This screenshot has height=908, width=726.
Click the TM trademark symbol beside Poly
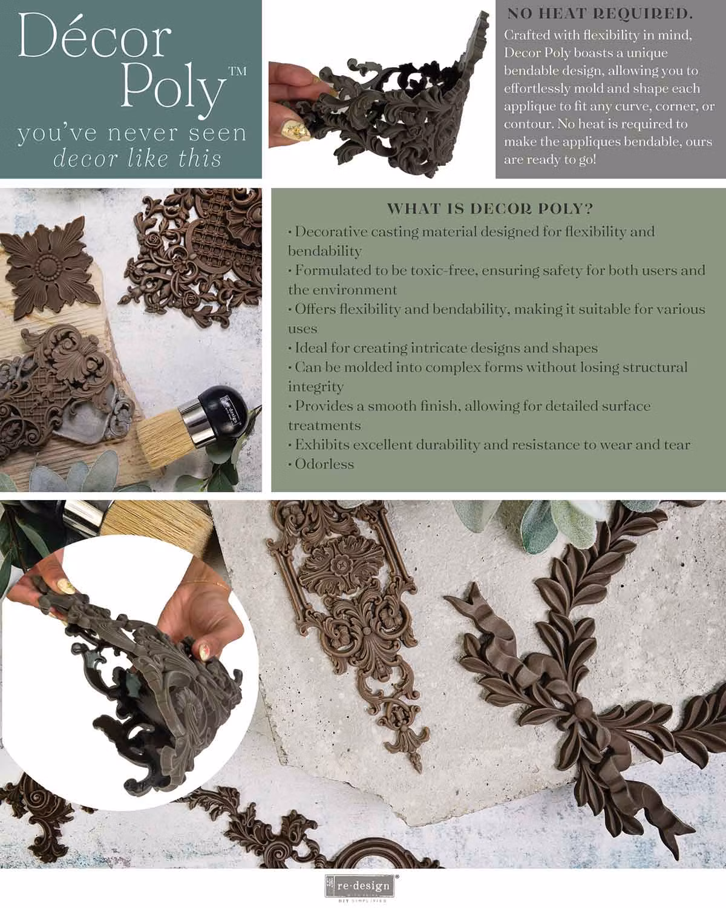point(238,71)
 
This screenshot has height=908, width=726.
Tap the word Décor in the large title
point(94,36)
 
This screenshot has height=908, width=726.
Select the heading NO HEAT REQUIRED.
point(600,15)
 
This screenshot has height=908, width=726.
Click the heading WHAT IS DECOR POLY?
point(490,208)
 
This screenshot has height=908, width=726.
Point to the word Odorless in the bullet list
point(324,464)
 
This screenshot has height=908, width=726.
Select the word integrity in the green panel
point(316,387)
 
